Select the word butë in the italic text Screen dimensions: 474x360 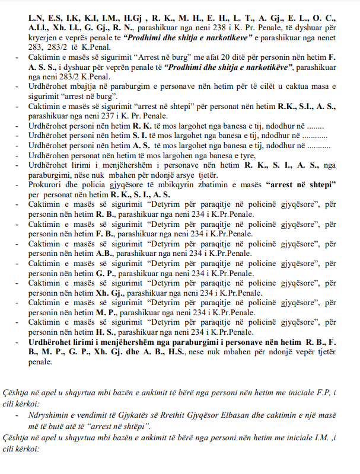[x=63, y=417]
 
